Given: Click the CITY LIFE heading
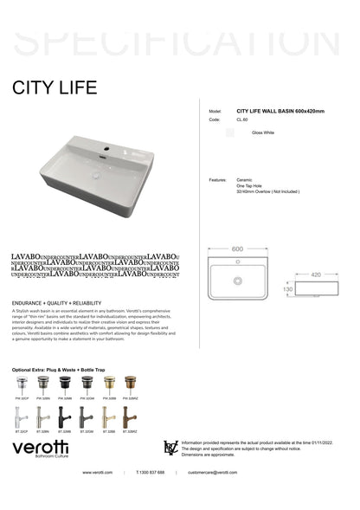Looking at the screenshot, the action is coord(55,88).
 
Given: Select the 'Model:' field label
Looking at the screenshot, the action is coord(215,112).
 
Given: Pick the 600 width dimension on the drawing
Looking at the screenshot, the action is coord(238,249).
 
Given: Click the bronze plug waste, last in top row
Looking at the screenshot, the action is coord(132,384).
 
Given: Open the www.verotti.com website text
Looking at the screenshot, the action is coord(98,472).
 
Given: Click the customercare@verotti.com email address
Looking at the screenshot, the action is coord(212,472).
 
